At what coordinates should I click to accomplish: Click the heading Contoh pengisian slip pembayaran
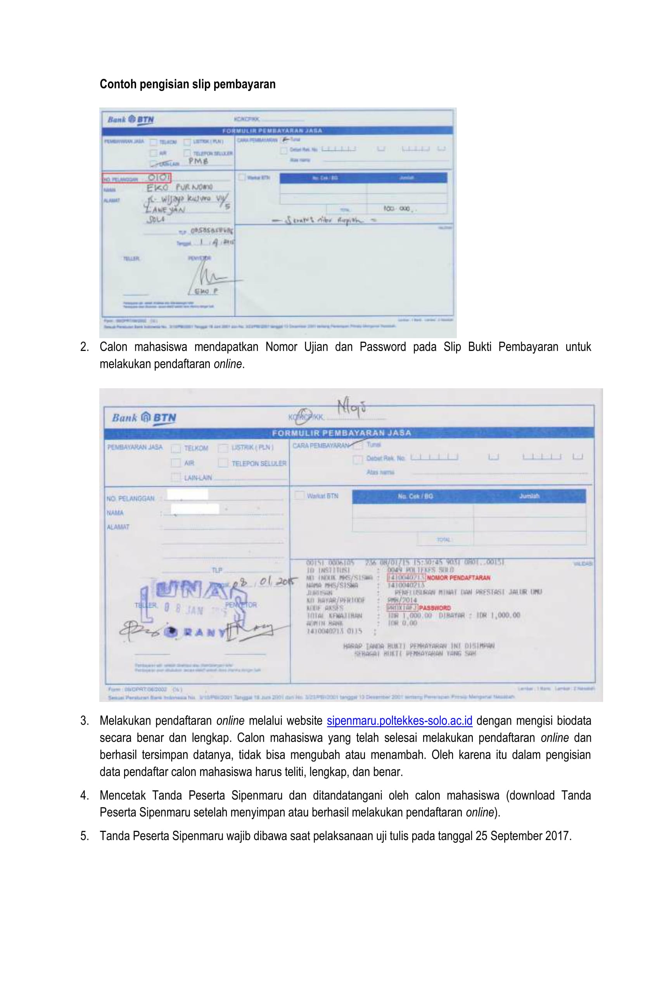pyautogui.click(x=187, y=84)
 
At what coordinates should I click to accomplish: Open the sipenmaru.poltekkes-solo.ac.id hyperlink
pyautogui.click(x=399, y=721)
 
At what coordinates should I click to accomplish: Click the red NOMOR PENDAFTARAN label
pyautogui.click(x=458, y=578)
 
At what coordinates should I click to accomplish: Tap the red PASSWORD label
pyautogui.click(x=435, y=608)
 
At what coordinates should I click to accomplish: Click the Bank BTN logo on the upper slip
pyautogui.click(x=130, y=119)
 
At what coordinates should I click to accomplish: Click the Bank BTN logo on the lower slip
pyautogui.click(x=144, y=418)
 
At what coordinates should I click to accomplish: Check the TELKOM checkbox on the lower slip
pyautogui.click(x=175, y=448)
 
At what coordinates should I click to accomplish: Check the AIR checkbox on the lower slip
pyautogui.click(x=175, y=463)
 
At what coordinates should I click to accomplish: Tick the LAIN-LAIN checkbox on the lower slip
pyautogui.click(x=175, y=477)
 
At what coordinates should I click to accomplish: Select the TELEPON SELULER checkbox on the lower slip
pyautogui.click(x=223, y=463)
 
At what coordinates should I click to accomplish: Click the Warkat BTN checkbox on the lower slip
pyautogui.click(x=299, y=496)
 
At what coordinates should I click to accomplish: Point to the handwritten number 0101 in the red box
pyautogui.click(x=159, y=178)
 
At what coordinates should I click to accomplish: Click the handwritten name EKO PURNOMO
pyautogui.click(x=180, y=187)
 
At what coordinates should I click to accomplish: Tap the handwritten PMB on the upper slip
pyautogui.click(x=198, y=161)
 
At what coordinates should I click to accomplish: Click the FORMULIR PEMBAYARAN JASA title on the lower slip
pyautogui.click(x=341, y=433)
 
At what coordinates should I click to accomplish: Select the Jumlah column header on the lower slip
pyautogui.click(x=529, y=496)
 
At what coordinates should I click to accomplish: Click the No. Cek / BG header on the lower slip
pyautogui.click(x=415, y=496)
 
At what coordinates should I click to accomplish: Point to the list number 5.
pyautogui.click(x=84, y=836)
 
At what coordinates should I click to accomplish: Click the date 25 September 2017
pyautogui.click(x=523, y=836)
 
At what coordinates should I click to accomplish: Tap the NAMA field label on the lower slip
pyautogui.click(x=115, y=513)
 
